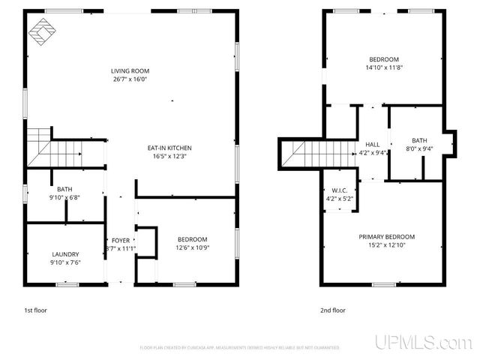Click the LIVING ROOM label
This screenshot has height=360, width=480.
pos(130,71)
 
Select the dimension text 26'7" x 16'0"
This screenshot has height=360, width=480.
pos(130,79)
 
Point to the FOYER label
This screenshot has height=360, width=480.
pos(120,240)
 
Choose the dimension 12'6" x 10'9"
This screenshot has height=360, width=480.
pos(192,247)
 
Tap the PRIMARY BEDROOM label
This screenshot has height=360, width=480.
pos(386,237)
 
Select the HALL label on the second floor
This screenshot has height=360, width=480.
pos(373,144)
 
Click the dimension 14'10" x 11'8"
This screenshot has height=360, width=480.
pos(383,67)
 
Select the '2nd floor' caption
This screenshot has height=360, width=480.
pos(334,310)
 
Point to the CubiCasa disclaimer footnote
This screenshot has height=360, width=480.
pos(240,348)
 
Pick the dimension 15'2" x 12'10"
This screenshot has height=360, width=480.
pos(386,245)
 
